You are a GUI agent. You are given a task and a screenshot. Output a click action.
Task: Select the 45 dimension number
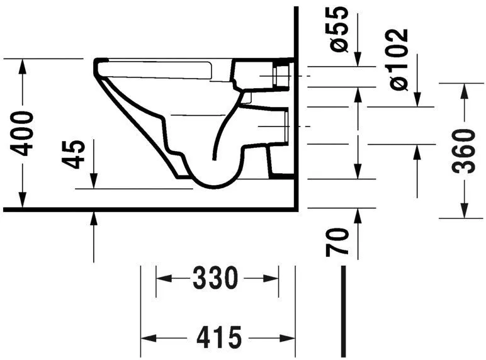coord(75,154)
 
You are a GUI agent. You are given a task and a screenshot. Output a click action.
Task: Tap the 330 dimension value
coord(217,278)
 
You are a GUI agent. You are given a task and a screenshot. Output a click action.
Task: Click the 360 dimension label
coord(465,150)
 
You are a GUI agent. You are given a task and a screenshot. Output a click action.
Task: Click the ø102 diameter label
coord(398,59)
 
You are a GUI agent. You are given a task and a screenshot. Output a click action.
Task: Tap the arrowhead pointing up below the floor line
coord(94,217)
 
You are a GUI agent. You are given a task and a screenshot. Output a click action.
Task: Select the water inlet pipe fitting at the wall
coord(282,74)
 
